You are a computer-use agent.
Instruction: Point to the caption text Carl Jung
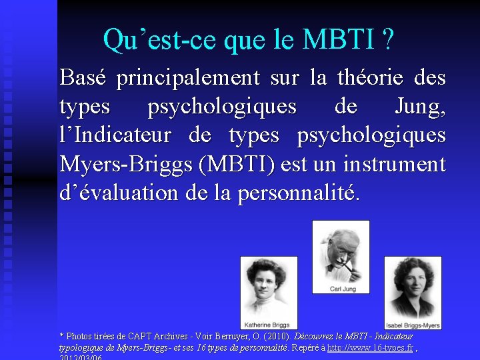pos(341,289)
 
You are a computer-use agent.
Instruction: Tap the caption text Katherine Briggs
pos(269,325)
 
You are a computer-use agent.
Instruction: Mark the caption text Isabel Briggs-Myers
pos(413,325)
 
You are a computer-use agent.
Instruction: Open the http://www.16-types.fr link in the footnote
pos(370,347)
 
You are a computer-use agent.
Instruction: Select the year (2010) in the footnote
pos(275,337)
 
